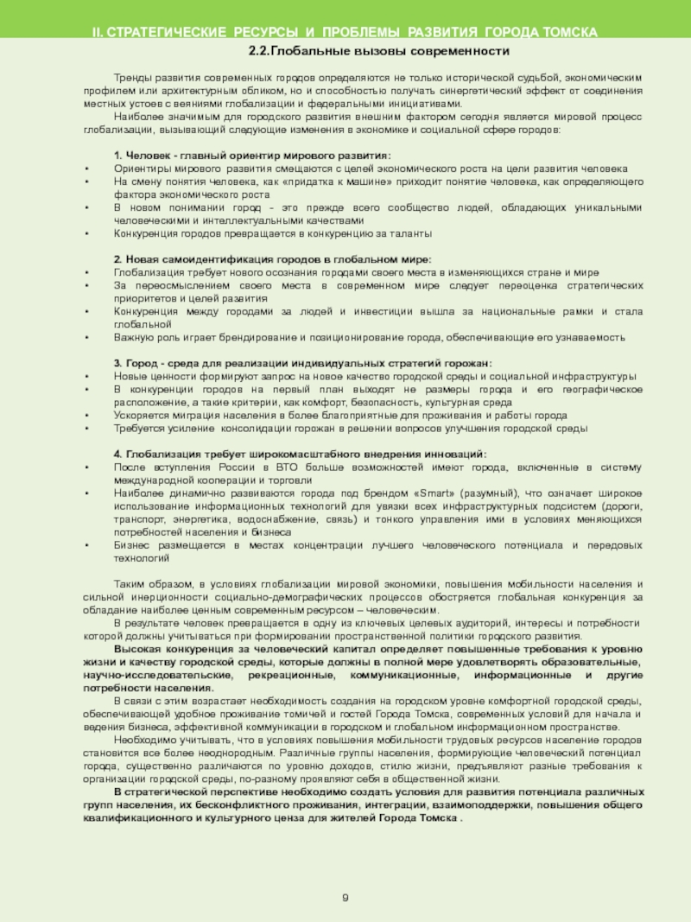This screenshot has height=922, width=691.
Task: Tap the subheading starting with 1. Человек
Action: [251, 155]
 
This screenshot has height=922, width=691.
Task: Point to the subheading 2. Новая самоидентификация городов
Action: [272, 259]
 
